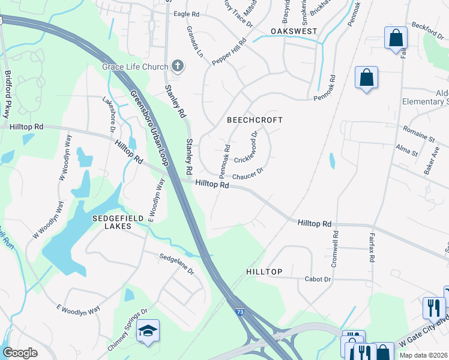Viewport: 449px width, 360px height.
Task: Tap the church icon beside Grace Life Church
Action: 177,66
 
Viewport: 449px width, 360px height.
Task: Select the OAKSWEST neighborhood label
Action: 293,31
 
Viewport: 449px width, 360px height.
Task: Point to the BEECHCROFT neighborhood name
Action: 255,120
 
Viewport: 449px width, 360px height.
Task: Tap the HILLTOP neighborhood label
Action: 264,272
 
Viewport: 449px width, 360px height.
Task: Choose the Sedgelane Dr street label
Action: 176,263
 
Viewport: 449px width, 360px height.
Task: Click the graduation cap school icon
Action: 147,331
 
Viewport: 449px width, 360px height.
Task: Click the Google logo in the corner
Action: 20,353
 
